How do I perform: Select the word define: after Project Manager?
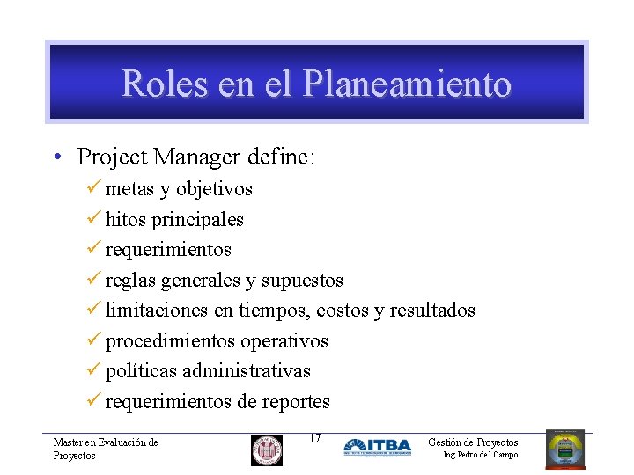tap(281, 157)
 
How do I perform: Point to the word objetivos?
tap(214, 189)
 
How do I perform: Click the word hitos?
tap(122, 219)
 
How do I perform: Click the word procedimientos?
tap(170, 341)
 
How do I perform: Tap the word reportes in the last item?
tap(297, 402)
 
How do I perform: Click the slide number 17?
tap(316, 438)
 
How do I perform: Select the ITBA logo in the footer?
tap(377, 448)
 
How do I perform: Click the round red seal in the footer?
tap(267, 450)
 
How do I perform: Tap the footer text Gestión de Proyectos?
tap(473, 442)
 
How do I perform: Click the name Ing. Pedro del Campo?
tap(480, 455)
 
